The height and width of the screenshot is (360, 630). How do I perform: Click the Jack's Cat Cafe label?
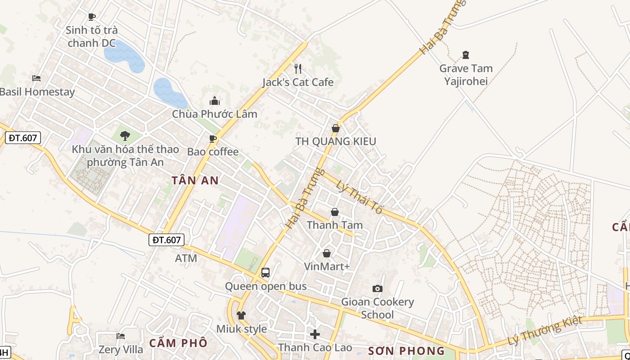click(298, 82)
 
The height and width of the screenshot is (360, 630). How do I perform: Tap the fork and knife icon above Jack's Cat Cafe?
click(297, 69)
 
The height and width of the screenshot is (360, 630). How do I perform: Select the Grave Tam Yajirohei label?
click(466, 75)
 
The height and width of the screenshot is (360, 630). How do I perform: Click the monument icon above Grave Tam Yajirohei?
click(466, 55)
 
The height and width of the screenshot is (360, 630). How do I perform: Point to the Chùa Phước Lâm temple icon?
click(215, 101)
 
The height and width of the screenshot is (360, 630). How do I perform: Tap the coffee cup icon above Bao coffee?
click(213, 139)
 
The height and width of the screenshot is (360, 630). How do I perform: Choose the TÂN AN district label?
click(195, 181)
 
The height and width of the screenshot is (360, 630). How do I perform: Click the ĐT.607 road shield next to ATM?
click(166, 240)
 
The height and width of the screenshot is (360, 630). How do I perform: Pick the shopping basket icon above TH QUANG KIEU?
click(335, 129)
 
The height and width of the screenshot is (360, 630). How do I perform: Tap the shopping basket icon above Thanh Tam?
click(335, 212)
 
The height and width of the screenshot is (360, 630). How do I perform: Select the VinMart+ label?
click(327, 266)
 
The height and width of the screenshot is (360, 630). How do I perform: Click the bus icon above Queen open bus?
click(265, 273)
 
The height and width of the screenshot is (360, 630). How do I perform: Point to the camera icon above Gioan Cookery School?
click(377, 288)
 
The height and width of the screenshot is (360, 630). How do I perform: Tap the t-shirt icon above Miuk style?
click(241, 315)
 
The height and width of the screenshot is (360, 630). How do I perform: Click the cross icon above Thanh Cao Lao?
click(315, 334)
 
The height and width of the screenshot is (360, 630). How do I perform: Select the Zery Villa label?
click(121, 350)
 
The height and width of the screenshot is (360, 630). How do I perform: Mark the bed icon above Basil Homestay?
click(36, 78)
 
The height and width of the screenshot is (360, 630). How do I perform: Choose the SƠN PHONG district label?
click(406, 351)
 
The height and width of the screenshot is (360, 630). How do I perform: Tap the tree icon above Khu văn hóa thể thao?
click(125, 135)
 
